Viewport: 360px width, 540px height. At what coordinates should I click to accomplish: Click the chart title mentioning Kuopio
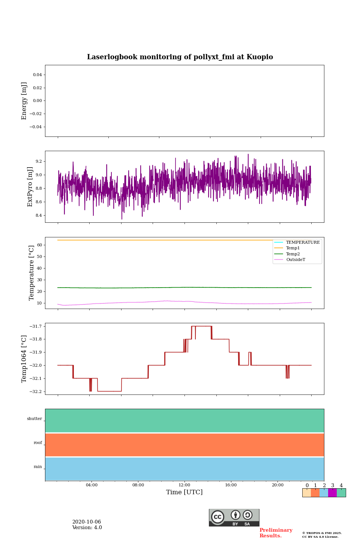coord(180,57)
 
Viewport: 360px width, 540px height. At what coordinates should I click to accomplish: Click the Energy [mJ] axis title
coord(24,101)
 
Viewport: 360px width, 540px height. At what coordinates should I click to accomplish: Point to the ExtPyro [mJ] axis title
coord(30,187)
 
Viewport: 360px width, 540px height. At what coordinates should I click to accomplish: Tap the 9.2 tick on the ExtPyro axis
coord(39,161)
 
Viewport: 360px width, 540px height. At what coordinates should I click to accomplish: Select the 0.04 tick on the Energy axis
coord(37,75)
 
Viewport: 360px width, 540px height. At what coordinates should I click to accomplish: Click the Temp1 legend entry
coord(293,248)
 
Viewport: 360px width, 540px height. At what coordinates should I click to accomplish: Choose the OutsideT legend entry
coord(295,260)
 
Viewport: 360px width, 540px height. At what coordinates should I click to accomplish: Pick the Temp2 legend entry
coord(293,254)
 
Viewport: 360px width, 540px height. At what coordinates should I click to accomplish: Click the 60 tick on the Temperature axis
coord(39,245)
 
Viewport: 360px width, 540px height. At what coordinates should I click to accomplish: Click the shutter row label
coord(34,419)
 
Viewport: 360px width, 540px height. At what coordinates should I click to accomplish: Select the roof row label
coord(38,443)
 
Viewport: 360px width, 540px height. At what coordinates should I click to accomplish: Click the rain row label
coord(38,467)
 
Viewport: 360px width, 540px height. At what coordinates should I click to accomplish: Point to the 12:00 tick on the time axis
coord(184,485)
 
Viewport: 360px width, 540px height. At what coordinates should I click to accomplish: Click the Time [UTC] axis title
coord(184,492)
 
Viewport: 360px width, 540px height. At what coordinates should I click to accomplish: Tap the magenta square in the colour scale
coord(332,493)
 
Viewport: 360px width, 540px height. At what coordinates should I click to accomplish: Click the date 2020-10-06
coord(87,522)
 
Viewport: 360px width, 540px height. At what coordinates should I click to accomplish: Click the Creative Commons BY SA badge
coord(234,517)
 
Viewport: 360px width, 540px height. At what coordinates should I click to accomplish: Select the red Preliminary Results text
coord(276,533)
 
